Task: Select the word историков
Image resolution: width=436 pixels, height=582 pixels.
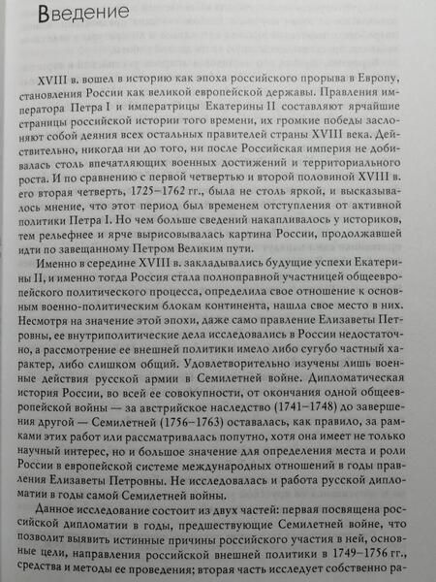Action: (x=360, y=221)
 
